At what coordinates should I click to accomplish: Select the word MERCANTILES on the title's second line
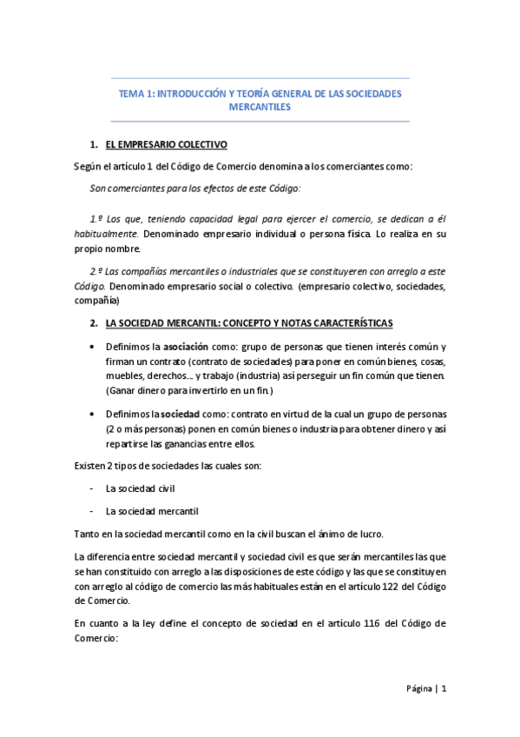pyautogui.click(x=260, y=107)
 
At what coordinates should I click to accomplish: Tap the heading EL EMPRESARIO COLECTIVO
pyautogui.click(x=166, y=144)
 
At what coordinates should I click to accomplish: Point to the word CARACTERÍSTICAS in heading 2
pyautogui.click(x=352, y=323)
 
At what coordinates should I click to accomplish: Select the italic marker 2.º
pyautogui.click(x=97, y=270)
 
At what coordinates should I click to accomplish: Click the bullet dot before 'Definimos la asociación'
pyautogui.click(x=94, y=348)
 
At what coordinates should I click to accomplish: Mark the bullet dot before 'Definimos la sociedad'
pyautogui.click(x=94, y=415)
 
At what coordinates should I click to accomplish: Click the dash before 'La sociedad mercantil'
pyautogui.click(x=93, y=511)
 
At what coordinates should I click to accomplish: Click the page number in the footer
pyautogui.click(x=444, y=689)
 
